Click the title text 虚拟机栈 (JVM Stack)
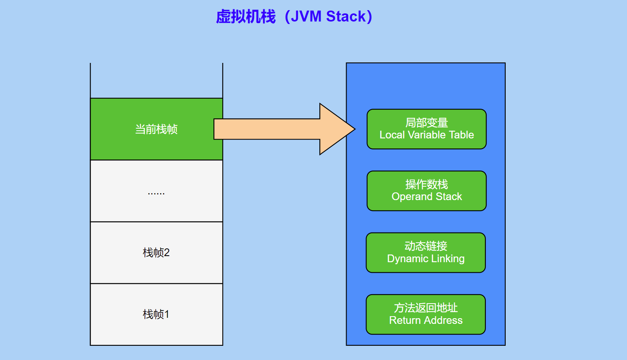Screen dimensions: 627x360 (294, 16)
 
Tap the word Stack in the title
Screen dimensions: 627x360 (346, 16)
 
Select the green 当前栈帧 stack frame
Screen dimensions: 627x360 (157, 129)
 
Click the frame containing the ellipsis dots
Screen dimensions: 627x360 (157, 191)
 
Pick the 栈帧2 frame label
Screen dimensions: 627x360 (156, 252)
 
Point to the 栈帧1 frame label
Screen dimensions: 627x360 (156, 314)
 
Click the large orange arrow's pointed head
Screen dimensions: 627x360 (355, 129)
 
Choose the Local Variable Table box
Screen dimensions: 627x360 (427, 129)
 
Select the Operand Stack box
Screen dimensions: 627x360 (427, 191)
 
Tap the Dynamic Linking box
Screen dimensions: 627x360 (426, 252)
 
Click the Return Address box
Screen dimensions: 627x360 (426, 315)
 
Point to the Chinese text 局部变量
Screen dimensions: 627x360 (427, 123)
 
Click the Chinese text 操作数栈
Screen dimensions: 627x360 (427, 185)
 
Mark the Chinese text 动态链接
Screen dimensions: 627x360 (426, 246)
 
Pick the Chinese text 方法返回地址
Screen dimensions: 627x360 (426, 308)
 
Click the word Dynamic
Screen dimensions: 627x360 (407, 259)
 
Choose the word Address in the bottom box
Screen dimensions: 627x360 (444, 320)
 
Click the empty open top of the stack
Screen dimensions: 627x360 (157, 81)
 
